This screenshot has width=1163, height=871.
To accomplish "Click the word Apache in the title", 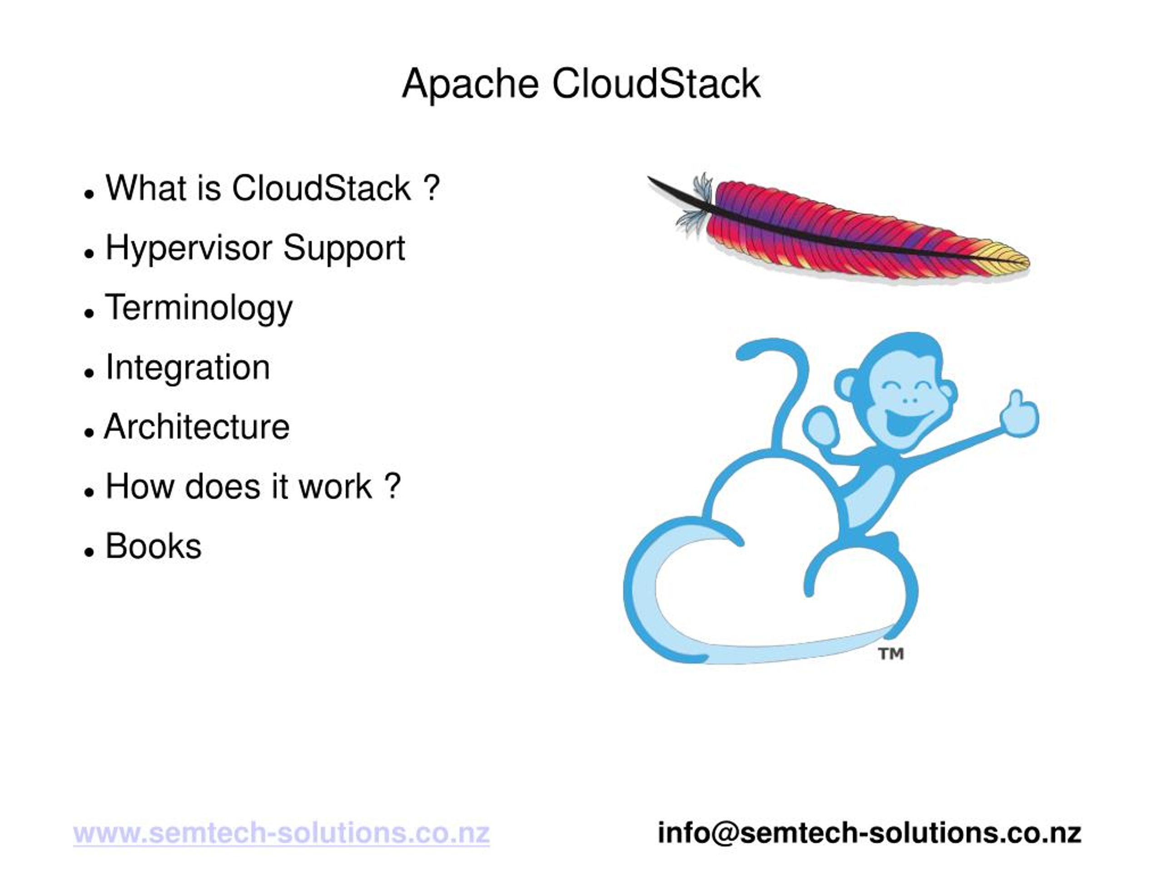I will pos(470,84).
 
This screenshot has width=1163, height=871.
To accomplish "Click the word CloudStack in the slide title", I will pos(656,84).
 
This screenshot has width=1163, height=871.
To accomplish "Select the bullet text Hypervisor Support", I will pos(255,248).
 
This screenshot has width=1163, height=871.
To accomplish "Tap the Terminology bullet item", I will pos(199,308).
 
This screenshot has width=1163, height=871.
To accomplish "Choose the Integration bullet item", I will pos(188,367).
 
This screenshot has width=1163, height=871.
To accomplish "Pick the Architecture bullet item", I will pos(197,427).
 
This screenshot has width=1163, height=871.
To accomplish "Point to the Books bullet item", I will pos(153,546).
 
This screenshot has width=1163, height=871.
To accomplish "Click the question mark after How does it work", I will pos(392,486).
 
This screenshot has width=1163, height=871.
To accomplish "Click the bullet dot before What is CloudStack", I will pos(89,194).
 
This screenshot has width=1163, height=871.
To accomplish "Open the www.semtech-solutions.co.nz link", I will pos(281,833).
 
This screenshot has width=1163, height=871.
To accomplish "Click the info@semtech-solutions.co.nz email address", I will pos(869,833).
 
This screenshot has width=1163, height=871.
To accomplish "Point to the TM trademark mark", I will pos(891,654).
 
